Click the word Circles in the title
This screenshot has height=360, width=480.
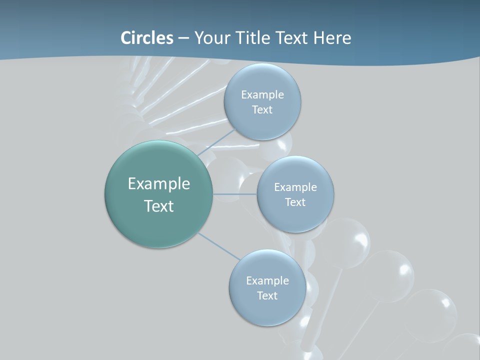147,38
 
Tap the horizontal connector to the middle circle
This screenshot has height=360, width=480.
234,194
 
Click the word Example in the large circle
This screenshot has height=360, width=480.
159,184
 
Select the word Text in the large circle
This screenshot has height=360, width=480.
159,206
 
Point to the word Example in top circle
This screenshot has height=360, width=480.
262,94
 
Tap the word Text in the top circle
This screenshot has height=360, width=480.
262,109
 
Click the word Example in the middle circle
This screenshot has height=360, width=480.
295,187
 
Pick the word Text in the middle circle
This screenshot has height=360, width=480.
295,202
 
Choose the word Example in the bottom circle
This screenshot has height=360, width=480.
267,280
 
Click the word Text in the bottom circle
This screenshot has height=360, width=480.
267,295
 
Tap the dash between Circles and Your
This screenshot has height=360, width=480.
183,38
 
